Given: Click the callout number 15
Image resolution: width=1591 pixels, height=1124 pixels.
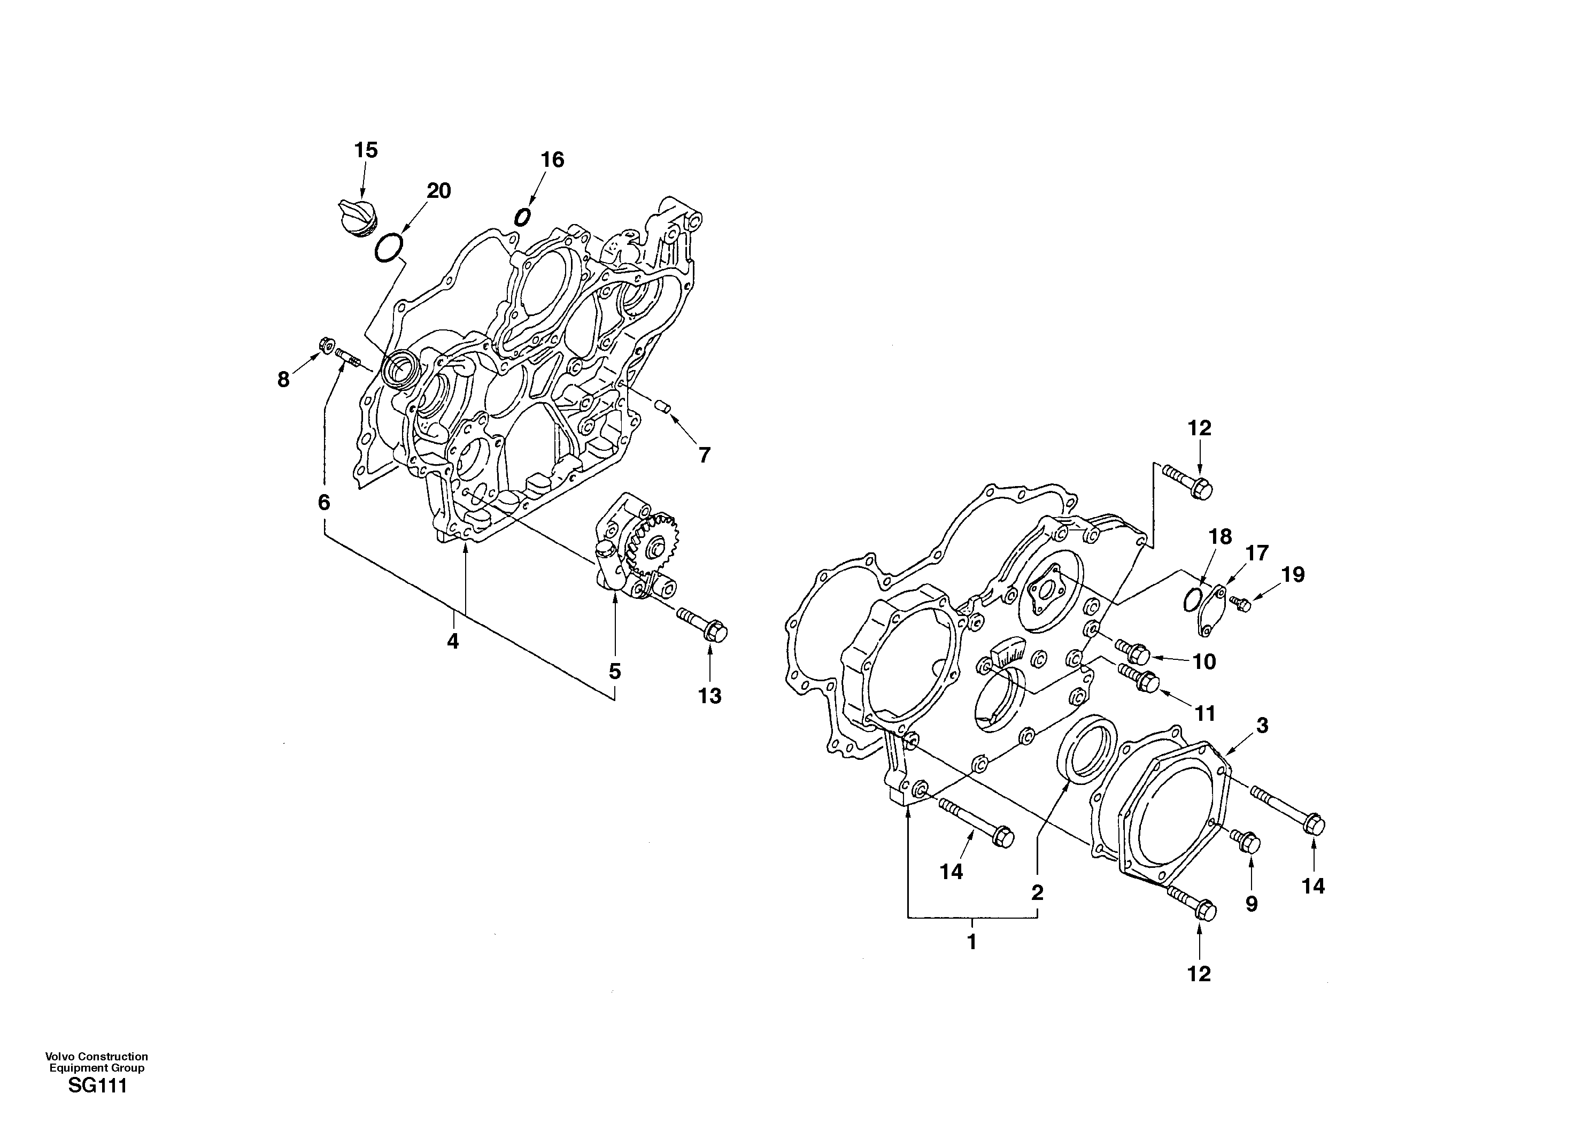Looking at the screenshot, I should pyautogui.click(x=366, y=150).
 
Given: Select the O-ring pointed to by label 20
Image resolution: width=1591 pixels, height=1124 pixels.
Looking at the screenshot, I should pyautogui.click(x=389, y=248).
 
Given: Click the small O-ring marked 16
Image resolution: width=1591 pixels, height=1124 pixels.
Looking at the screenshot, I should pyautogui.click(x=522, y=217).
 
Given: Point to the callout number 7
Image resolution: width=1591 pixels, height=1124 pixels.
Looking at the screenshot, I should pyautogui.click(x=704, y=455).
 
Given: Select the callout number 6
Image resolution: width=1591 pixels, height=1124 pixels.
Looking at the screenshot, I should pyautogui.click(x=323, y=503).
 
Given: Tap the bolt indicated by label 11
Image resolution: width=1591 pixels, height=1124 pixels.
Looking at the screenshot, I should pyautogui.click(x=1139, y=677).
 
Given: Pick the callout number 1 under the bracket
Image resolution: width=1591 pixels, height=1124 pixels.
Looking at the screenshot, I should pyautogui.click(x=971, y=942).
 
